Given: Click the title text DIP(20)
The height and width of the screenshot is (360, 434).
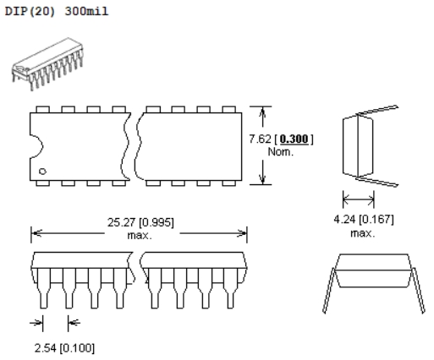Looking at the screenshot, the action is [30, 12].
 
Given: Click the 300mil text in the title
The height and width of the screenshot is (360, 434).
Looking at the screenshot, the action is [86, 12].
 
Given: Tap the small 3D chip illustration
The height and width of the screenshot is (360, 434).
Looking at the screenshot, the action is [47, 64].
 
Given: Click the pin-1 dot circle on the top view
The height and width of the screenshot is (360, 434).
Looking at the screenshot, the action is [42, 171].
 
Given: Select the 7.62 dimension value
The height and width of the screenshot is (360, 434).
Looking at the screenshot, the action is [260, 139].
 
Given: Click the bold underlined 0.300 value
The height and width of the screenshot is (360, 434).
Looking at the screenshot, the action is [294, 139].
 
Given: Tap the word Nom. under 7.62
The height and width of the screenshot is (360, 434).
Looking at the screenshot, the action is [280, 152].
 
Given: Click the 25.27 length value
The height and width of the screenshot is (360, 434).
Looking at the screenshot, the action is [121, 222].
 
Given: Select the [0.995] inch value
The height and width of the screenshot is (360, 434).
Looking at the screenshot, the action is [157, 222].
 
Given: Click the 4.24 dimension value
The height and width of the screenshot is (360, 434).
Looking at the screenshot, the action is [344, 219].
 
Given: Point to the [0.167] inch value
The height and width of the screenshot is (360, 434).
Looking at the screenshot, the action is [376, 219].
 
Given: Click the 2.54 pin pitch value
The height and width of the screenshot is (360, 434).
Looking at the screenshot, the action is [46, 348].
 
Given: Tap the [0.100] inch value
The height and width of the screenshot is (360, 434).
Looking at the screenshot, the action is [77, 348].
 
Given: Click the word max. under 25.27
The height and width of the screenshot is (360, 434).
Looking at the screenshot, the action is [140, 235].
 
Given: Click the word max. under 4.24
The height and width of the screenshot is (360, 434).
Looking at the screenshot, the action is [363, 233].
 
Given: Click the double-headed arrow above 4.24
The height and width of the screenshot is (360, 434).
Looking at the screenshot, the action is [359, 199].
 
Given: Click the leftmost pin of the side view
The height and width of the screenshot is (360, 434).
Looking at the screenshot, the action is [44, 288].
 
